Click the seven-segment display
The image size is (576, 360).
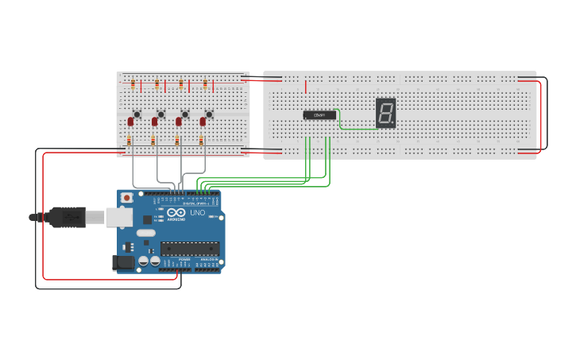[x=385, y=113]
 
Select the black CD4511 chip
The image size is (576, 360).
[x=319, y=115]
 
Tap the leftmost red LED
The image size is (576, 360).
[x=130, y=122]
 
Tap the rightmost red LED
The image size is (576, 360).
[x=203, y=122]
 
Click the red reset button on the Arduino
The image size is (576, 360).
[x=126, y=198]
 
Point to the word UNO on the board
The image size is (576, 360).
[x=197, y=213]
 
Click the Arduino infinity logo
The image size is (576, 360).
[x=174, y=213]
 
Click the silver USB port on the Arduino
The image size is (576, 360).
[x=119, y=216]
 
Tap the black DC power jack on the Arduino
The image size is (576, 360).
[x=124, y=262]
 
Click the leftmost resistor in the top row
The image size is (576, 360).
[x=133, y=83]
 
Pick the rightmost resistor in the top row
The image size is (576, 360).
[x=205, y=83]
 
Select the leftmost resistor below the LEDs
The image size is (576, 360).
[x=130, y=141]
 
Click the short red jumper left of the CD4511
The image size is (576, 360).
[x=305, y=86]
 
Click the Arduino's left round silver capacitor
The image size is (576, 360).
[x=144, y=260]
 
